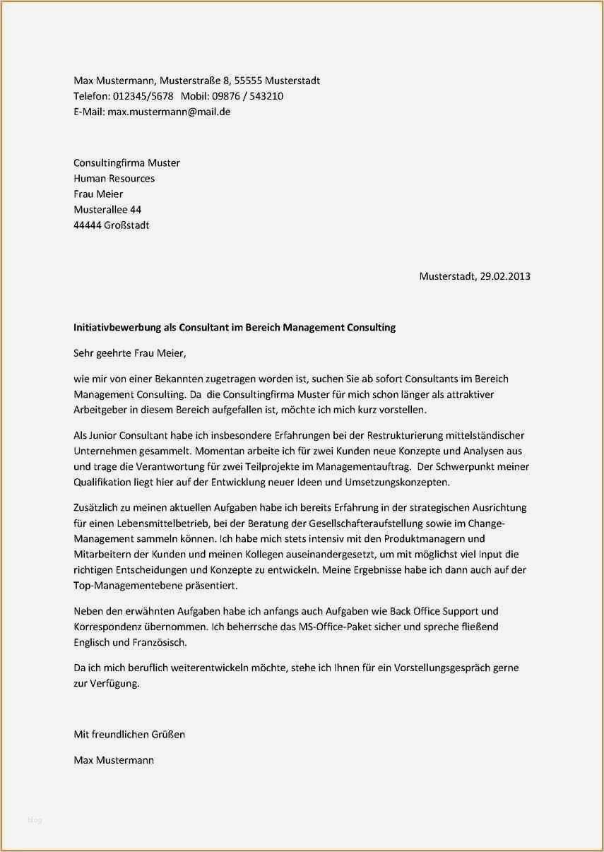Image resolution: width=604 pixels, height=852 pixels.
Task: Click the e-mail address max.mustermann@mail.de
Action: point(169,112)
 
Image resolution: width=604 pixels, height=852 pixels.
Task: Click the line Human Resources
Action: point(114,179)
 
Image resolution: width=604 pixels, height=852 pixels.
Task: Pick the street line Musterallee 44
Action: point(107,210)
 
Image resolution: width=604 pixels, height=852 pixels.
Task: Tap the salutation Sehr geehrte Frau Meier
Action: point(133,353)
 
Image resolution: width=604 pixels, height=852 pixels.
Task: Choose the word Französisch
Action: point(160,642)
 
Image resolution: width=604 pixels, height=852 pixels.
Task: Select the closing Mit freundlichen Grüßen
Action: point(129,734)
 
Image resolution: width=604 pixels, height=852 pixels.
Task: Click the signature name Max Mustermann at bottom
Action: point(114,760)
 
